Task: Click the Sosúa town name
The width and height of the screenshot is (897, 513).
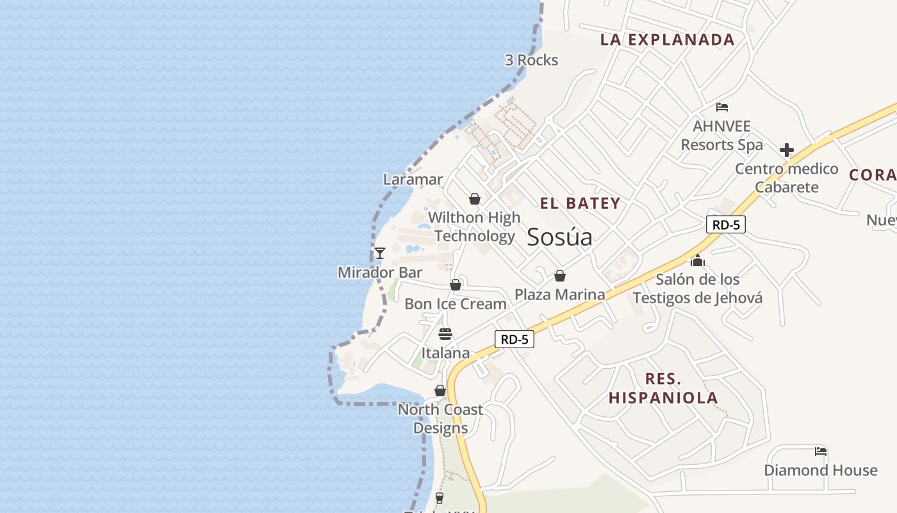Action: click(559, 237)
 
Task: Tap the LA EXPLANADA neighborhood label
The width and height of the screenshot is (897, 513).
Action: click(667, 40)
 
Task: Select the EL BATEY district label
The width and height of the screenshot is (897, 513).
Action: click(580, 204)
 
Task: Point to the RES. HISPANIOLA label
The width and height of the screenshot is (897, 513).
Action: click(663, 388)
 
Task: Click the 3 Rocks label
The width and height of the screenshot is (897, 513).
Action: click(531, 60)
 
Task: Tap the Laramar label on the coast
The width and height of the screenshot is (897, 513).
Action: click(413, 180)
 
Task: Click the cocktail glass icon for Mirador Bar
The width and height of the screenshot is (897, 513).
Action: click(379, 253)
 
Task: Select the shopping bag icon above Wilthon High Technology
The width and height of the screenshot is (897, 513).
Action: click(475, 199)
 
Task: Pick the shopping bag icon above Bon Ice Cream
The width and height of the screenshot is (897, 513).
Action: click(456, 285)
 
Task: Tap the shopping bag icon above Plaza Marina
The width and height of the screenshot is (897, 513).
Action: click(560, 276)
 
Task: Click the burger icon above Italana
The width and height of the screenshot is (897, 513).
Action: click(445, 333)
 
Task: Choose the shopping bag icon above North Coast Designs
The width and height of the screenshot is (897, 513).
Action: click(440, 391)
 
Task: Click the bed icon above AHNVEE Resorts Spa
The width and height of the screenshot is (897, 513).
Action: click(722, 107)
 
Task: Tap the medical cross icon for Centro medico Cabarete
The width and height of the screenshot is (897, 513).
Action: click(787, 150)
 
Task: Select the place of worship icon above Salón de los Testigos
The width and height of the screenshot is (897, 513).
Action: click(698, 260)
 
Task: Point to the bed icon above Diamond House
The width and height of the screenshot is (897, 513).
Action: click(820, 451)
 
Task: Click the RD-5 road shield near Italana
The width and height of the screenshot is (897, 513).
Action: click(514, 339)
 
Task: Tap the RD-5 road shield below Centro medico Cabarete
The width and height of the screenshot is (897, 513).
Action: click(726, 224)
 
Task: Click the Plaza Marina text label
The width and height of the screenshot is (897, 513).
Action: click(560, 294)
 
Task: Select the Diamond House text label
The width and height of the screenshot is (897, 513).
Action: click(820, 470)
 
